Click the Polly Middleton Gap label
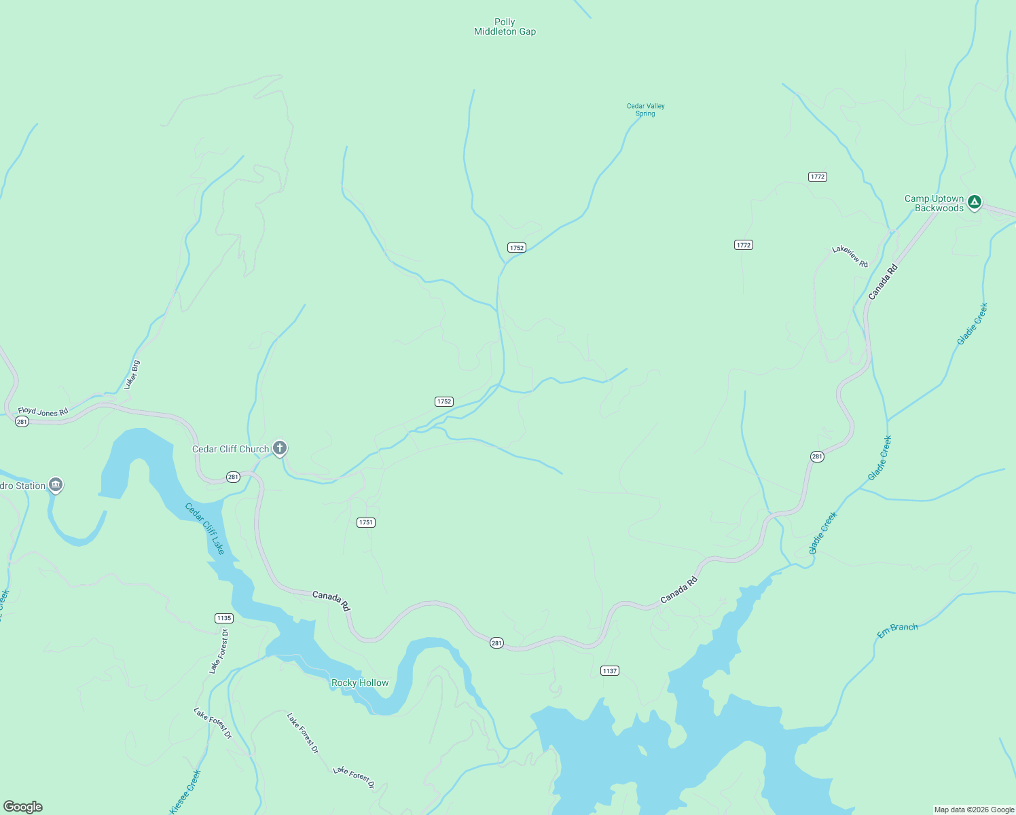[505, 27]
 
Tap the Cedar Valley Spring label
[645, 110]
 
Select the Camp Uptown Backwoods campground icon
[975, 202]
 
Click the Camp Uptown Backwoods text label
[935, 204]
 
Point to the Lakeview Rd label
[850, 257]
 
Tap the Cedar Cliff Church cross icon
[279, 448]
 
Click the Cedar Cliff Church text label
[230, 450]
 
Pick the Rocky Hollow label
[360, 683]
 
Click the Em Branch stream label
[897, 630]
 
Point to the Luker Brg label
[132, 374]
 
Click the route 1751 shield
[366, 522]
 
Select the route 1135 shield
[224, 618]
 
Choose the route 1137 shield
[610, 671]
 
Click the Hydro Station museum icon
[56, 485]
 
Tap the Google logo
[23, 807]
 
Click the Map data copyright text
[974, 810]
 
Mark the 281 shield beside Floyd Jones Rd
[22, 422]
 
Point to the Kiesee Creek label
[185, 791]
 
